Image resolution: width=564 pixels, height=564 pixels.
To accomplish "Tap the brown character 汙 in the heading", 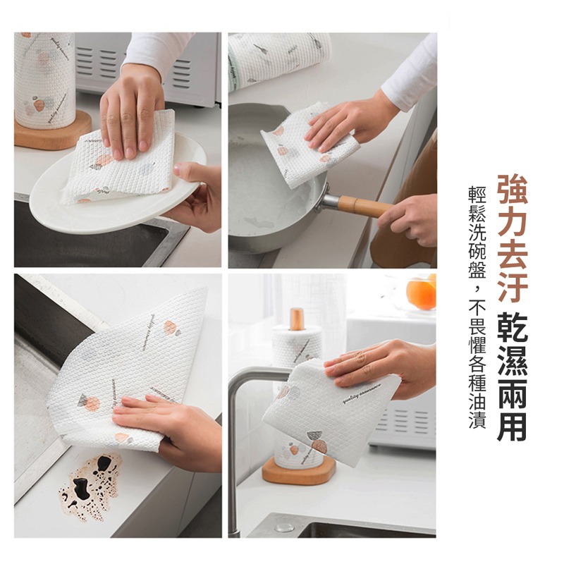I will pos(512,288).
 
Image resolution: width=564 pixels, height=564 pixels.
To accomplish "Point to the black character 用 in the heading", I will pos(512,425).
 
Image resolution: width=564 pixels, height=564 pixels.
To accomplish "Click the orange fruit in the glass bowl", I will pos(422,293).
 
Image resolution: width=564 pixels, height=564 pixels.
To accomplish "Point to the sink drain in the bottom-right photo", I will pos(284,526).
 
